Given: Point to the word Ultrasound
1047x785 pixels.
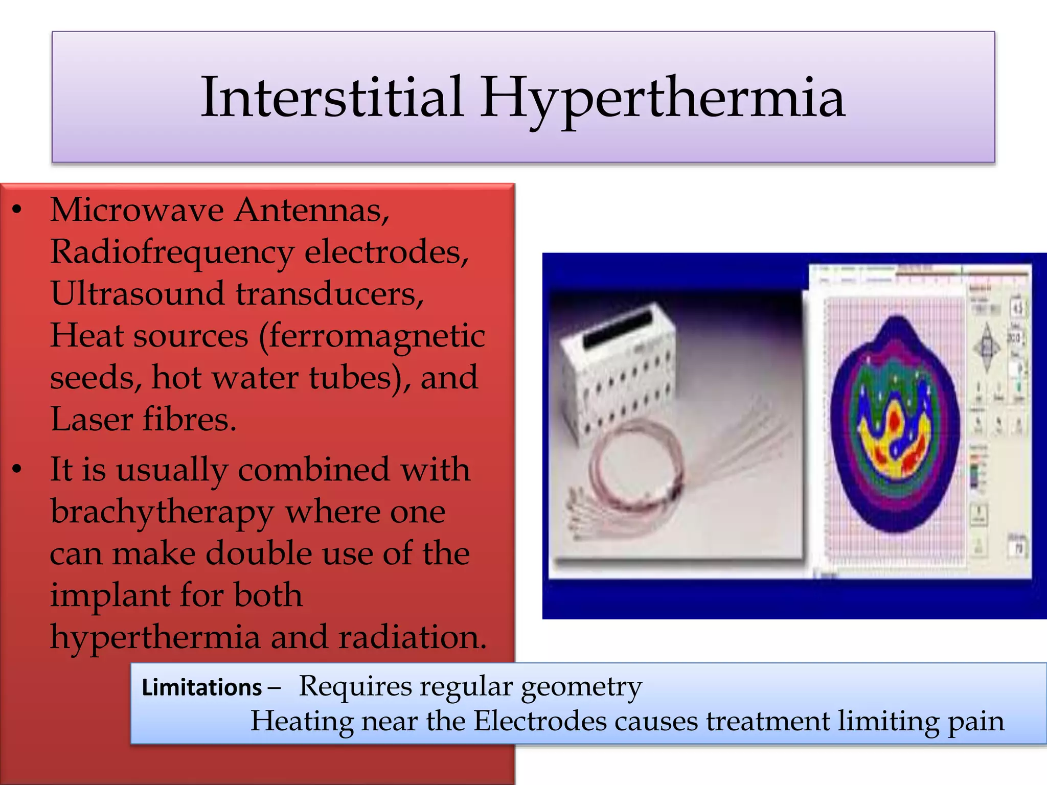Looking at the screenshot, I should tap(138, 294).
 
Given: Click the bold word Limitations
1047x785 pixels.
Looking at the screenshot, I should tap(201, 688).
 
